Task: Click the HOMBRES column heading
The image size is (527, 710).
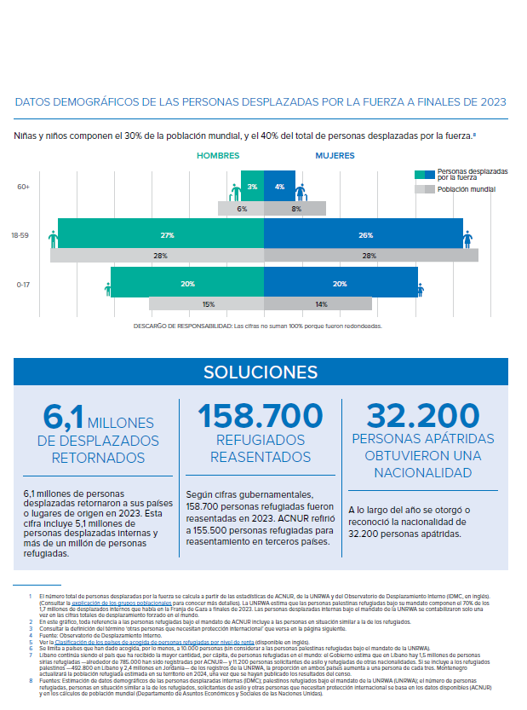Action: point(218,156)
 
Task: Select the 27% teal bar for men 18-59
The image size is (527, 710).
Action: point(161,234)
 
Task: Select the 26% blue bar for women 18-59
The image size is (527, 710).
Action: point(364,234)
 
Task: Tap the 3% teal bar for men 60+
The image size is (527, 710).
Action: point(252,186)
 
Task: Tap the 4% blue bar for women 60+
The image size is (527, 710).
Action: point(279,186)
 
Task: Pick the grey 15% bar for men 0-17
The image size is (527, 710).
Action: point(207,303)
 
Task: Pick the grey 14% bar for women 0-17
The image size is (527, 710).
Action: point(318,303)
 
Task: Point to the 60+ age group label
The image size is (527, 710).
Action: point(23,186)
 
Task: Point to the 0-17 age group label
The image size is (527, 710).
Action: point(23,284)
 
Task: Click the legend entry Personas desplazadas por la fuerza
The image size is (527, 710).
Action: point(471,174)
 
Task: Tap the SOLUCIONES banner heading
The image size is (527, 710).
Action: point(261,372)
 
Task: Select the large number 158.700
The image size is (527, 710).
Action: point(261,417)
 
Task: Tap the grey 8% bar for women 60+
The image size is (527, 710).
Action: point(295,208)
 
